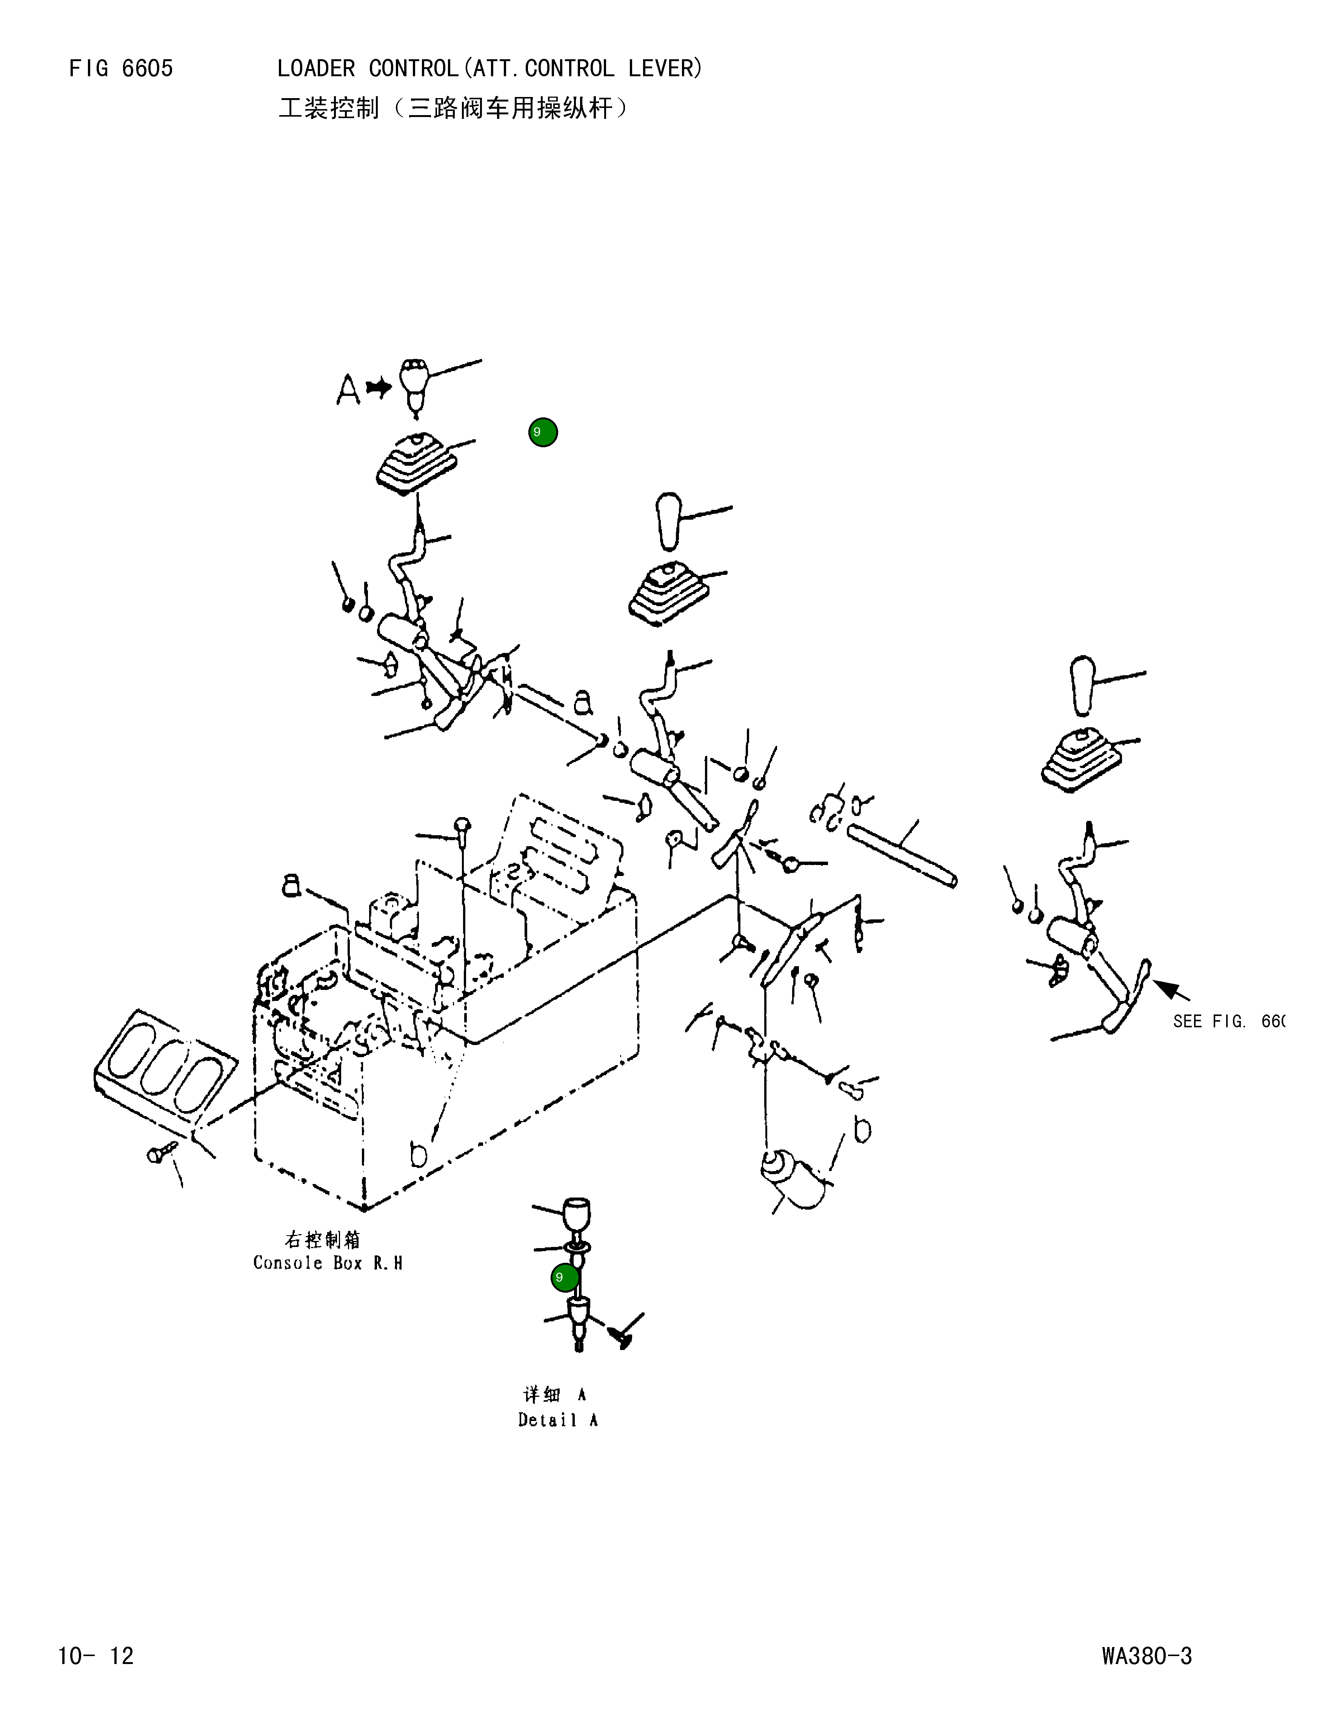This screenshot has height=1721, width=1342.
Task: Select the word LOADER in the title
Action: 316,69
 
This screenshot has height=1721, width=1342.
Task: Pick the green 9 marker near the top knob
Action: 543,433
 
